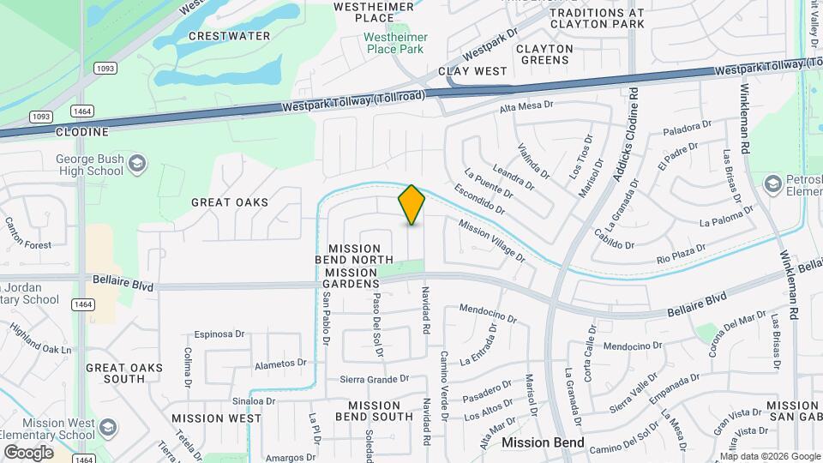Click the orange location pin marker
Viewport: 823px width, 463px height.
411,205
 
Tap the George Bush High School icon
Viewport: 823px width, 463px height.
135,164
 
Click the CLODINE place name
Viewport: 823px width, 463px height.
82,132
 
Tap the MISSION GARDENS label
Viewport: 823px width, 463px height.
351,283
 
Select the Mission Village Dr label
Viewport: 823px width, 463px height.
492,240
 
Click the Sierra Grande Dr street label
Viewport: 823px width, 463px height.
374,379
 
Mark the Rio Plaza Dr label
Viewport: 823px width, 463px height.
681,252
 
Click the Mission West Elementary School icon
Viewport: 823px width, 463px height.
109,427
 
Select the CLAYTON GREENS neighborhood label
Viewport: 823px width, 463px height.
545,55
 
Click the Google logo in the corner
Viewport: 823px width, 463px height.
28,452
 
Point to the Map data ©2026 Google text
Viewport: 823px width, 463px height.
769,456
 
